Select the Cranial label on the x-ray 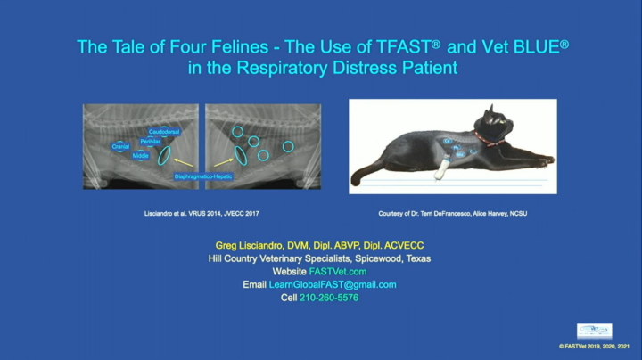click(x=120, y=146)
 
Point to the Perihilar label click(x=150, y=142)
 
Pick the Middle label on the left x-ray click(x=141, y=156)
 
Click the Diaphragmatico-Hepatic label click(x=204, y=176)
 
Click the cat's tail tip click(x=356, y=180)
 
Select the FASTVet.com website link click(x=337, y=271)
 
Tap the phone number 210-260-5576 click(x=329, y=298)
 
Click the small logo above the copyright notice click(x=594, y=331)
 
